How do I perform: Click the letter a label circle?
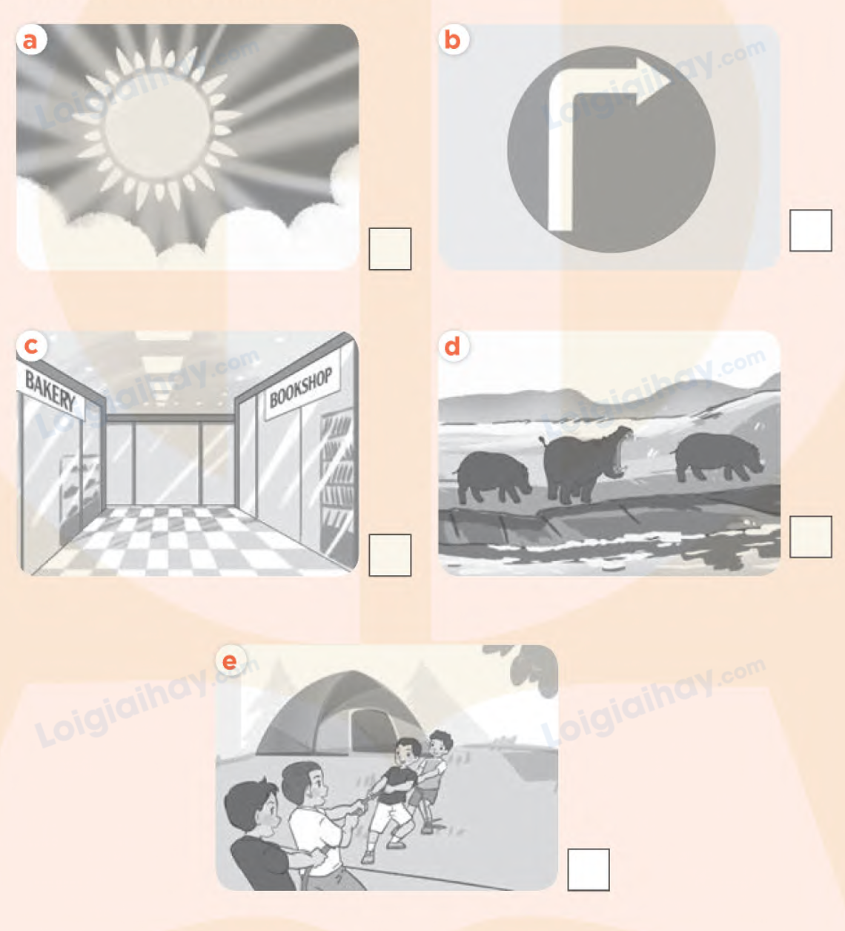(x=31, y=40)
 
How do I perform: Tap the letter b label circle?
(x=453, y=40)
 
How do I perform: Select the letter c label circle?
(x=31, y=345)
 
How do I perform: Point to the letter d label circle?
(x=453, y=346)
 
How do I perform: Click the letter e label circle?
(x=231, y=661)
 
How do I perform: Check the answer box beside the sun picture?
(x=390, y=249)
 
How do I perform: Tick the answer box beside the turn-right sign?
(x=811, y=231)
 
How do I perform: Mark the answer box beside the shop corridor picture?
(x=390, y=555)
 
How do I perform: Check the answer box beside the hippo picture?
(x=811, y=537)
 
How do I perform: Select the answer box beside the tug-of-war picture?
(x=589, y=869)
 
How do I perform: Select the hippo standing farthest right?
(x=718, y=457)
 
